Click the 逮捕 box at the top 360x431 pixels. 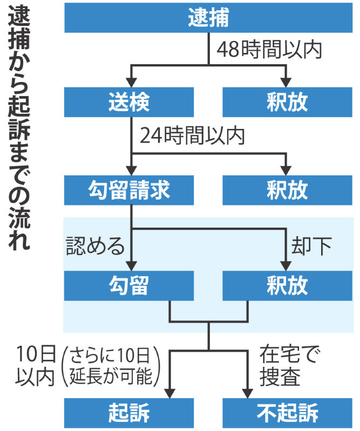click(x=208, y=18)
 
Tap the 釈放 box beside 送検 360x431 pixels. click(x=287, y=102)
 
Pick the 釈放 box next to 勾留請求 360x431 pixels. click(x=287, y=190)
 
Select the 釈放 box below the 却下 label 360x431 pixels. click(x=287, y=285)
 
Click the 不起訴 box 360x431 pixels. click(x=287, y=413)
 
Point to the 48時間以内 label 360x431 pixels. click(x=269, y=50)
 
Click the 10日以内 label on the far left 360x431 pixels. click(x=36, y=366)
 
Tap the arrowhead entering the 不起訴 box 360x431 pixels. click(x=248, y=393)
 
